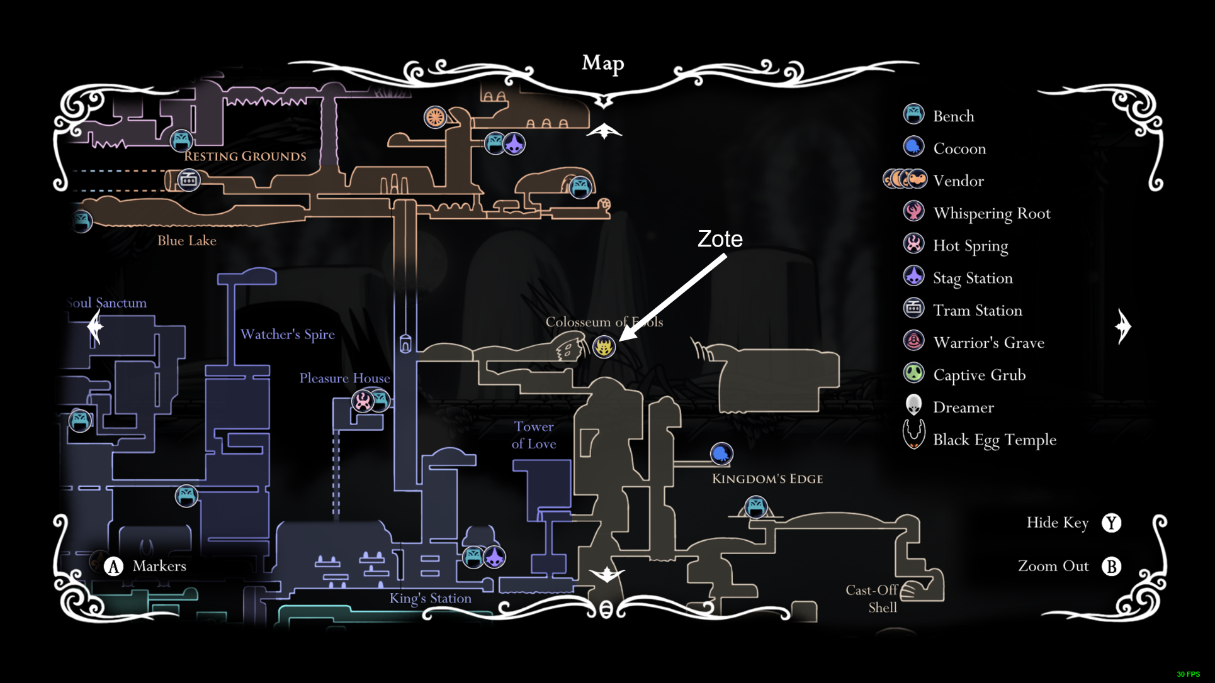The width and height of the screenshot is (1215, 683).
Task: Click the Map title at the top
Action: coord(602,63)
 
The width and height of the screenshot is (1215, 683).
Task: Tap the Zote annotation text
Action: coord(720,239)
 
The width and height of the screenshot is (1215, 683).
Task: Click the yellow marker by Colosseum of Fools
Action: coord(604,347)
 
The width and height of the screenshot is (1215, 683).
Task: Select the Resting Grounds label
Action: coord(245,156)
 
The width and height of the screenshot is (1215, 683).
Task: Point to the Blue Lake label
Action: coord(186,240)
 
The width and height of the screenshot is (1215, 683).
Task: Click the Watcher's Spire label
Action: coord(287,334)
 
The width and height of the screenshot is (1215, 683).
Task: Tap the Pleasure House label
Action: coord(344,378)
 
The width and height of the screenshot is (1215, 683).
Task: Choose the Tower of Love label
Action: coord(534,435)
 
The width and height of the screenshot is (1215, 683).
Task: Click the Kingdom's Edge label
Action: coord(767,479)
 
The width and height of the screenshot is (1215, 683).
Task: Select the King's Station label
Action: coord(430,598)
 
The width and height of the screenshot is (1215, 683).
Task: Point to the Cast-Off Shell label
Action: coord(873,599)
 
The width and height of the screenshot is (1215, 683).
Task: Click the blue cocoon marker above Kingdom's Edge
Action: coord(721,453)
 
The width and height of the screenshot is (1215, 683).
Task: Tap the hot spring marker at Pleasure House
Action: coord(363,401)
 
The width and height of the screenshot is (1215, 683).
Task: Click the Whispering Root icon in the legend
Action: coord(913,211)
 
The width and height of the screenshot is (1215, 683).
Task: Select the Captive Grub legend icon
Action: coord(913,373)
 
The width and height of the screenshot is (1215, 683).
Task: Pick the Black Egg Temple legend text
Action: coord(994,440)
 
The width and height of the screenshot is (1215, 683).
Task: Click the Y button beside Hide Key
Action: coord(1111,523)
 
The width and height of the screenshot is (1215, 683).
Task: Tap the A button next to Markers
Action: coord(113,566)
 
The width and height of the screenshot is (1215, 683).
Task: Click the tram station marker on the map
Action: coord(188,180)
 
